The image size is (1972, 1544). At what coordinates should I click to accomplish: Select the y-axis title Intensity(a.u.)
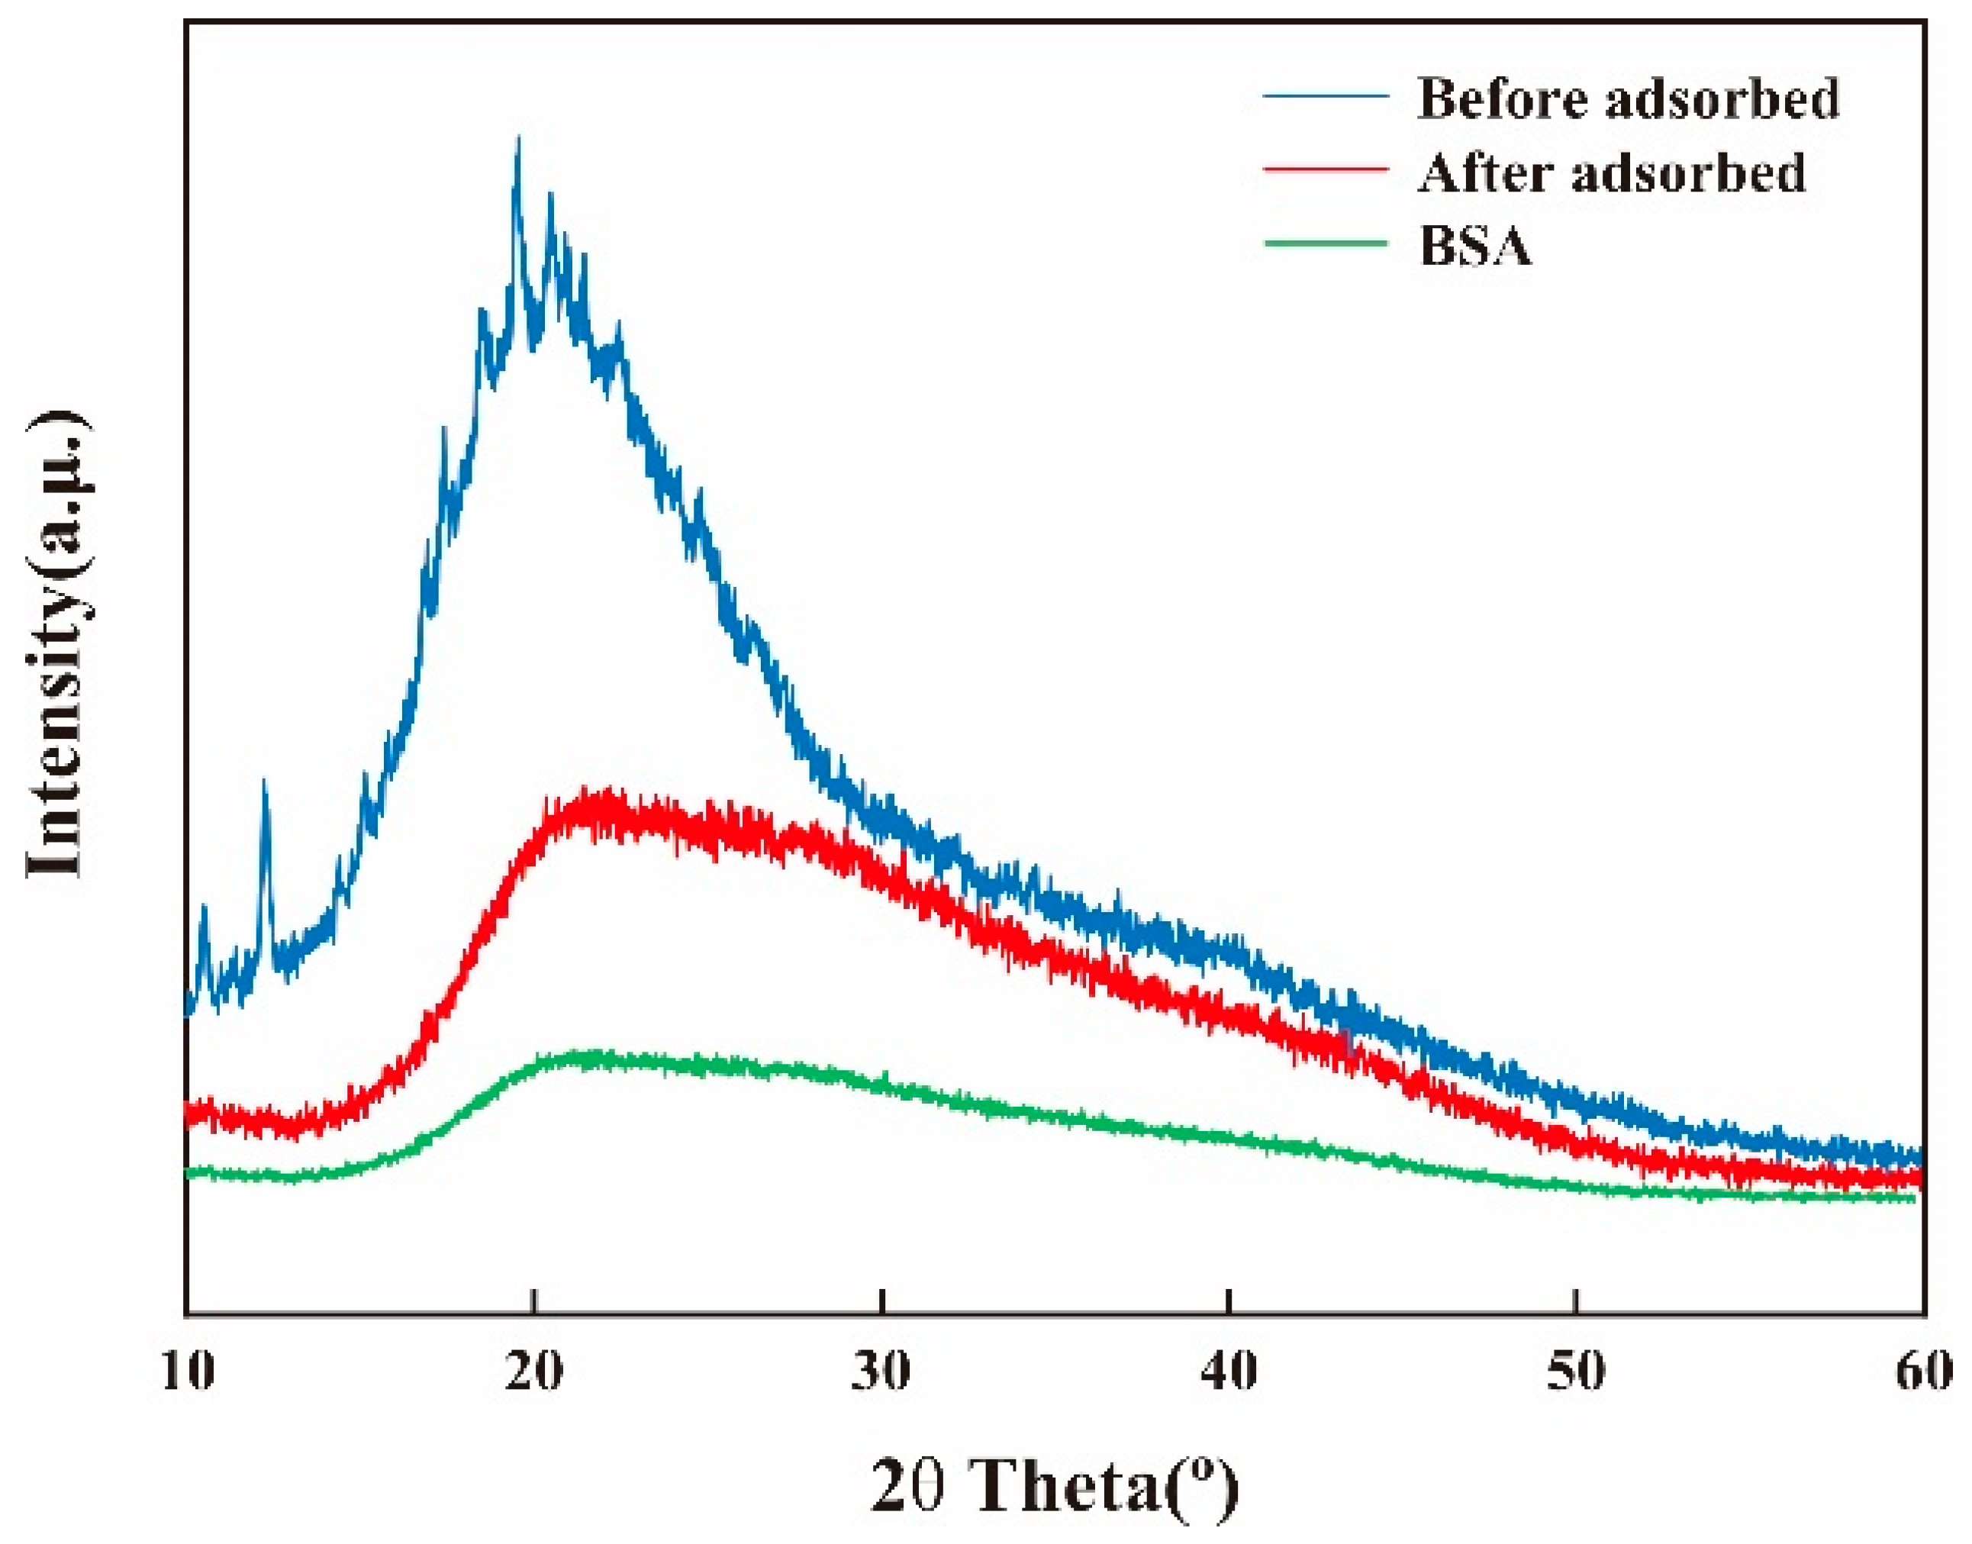pyautogui.click(x=56, y=646)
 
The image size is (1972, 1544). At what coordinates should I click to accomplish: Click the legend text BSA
pyautogui.click(x=1476, y=245)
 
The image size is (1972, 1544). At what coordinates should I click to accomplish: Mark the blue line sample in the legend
pyautogui.click(x=1325, y=96)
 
